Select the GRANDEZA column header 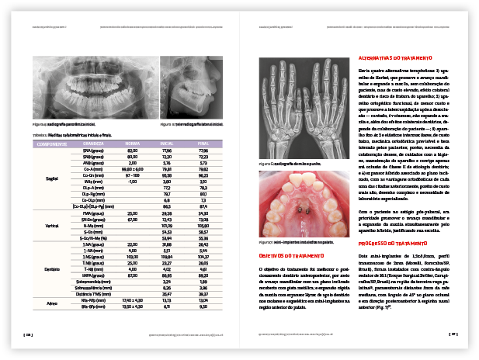(x=93, y=144)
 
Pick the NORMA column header (x=132, y=144)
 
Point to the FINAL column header (x=204, y=144)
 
